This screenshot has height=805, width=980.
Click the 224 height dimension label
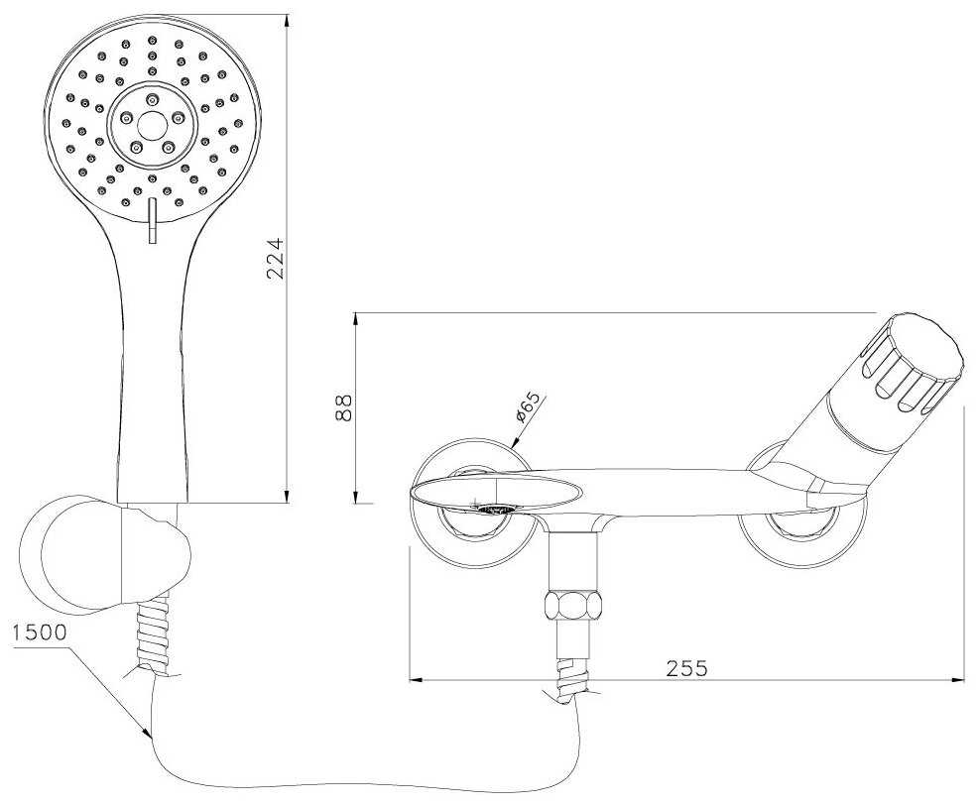coord(278,258)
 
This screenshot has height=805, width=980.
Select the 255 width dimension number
coord(686,667)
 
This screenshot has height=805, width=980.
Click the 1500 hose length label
coord(39,632)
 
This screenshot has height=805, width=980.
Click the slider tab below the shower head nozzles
coord(151,219)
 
